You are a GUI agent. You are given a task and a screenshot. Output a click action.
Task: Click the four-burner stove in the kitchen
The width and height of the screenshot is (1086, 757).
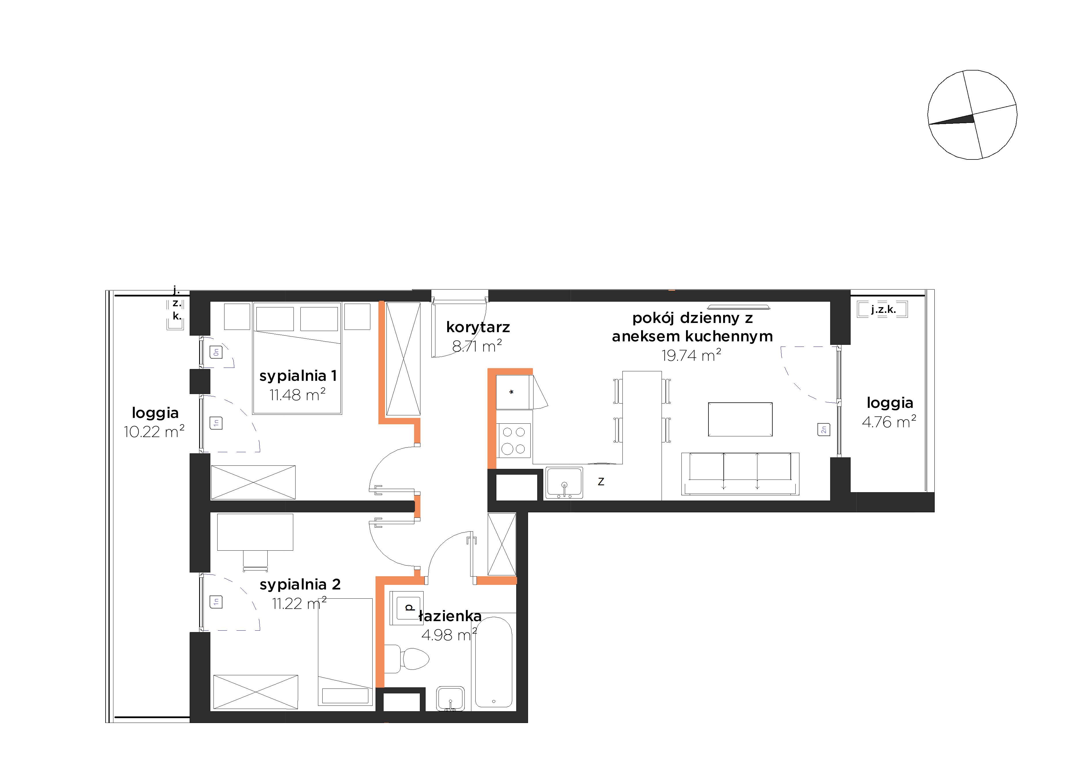[514, 440]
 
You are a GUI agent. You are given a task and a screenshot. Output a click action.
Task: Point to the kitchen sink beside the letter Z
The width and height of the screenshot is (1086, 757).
[564, 483]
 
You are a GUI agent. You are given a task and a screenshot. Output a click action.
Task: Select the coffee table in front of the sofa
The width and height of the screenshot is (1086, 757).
[740, 419]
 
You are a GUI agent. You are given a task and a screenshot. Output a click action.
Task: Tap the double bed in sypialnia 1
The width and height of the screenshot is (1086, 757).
[297, 358]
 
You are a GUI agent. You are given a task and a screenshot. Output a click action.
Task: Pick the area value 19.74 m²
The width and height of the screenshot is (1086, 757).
[691, 355]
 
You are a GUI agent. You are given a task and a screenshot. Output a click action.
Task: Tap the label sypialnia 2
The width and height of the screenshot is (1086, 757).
[300, 585]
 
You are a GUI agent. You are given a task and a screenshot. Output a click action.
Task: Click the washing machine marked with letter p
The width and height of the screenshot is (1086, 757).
[407, 608]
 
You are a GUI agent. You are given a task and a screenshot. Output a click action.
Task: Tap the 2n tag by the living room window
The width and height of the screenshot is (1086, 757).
[824, 430]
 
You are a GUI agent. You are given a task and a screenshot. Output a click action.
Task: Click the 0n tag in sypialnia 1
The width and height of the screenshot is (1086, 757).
[216, 351]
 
